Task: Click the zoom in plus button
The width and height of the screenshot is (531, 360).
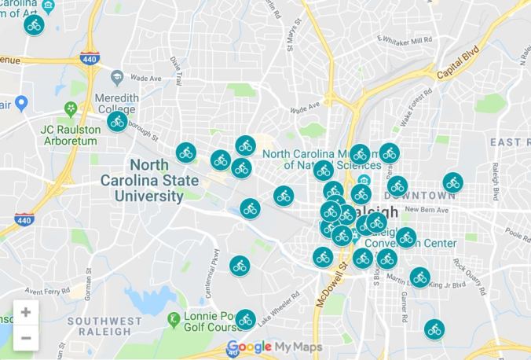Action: (x=26, y=312)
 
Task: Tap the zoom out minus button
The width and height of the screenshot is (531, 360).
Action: (x=26, y=338)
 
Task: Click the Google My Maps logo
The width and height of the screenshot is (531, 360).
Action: (x=273, y=347)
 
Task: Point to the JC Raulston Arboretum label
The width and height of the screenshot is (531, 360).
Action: (x=69, y=135)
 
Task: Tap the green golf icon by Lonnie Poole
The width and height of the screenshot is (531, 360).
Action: (x=174, y=318)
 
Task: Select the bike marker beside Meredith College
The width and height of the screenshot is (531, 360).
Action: (x=118, y=121)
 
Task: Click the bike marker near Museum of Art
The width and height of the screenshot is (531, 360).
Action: (x=34, y=24)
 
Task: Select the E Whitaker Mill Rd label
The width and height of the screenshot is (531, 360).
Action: (x=405, y=40)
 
